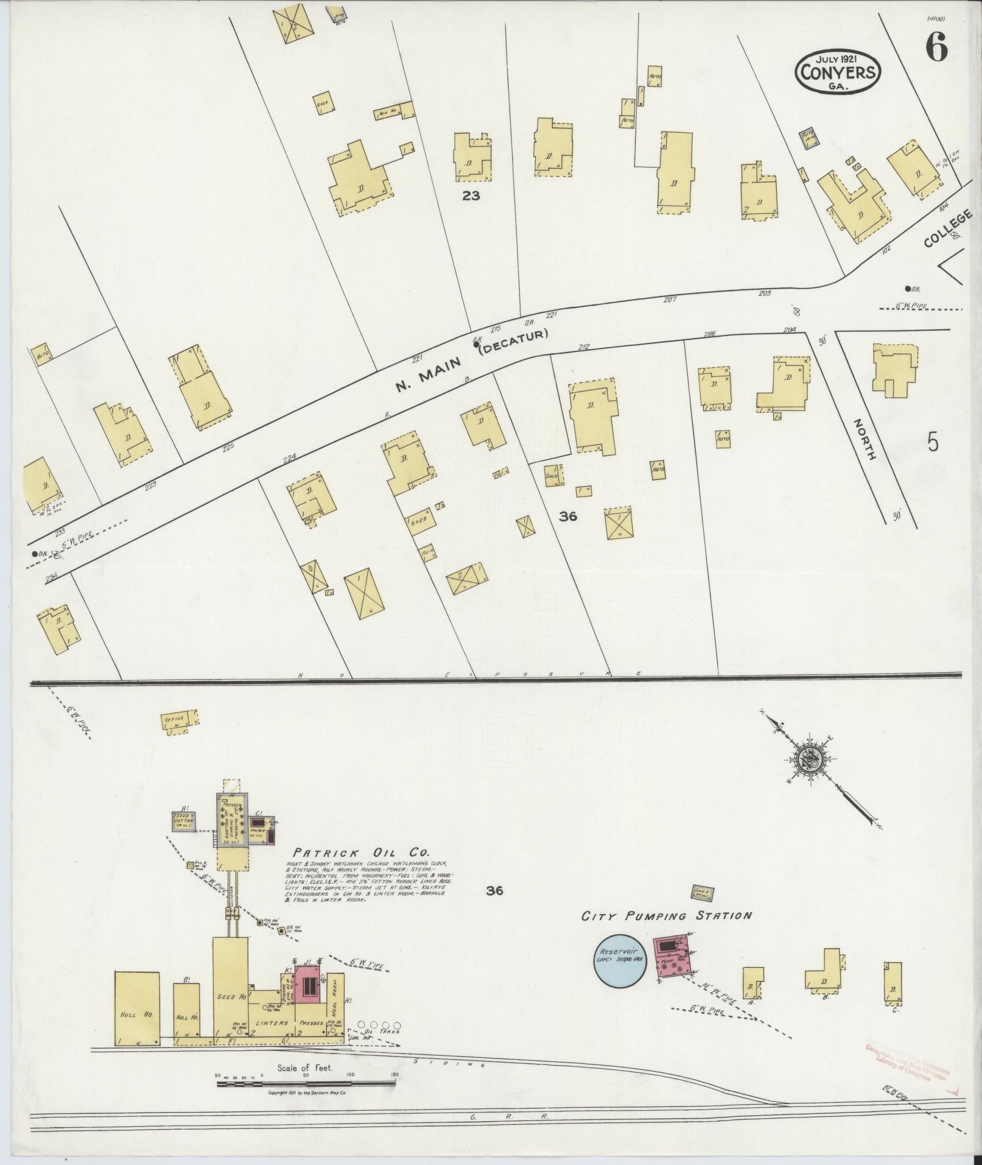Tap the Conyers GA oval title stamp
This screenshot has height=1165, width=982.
[838, 71]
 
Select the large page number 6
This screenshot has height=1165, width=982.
[936, 47]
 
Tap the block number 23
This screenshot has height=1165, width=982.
[471, 195]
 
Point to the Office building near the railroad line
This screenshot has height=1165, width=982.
[180, 722]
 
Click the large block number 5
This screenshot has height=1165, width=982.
[933, 442]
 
